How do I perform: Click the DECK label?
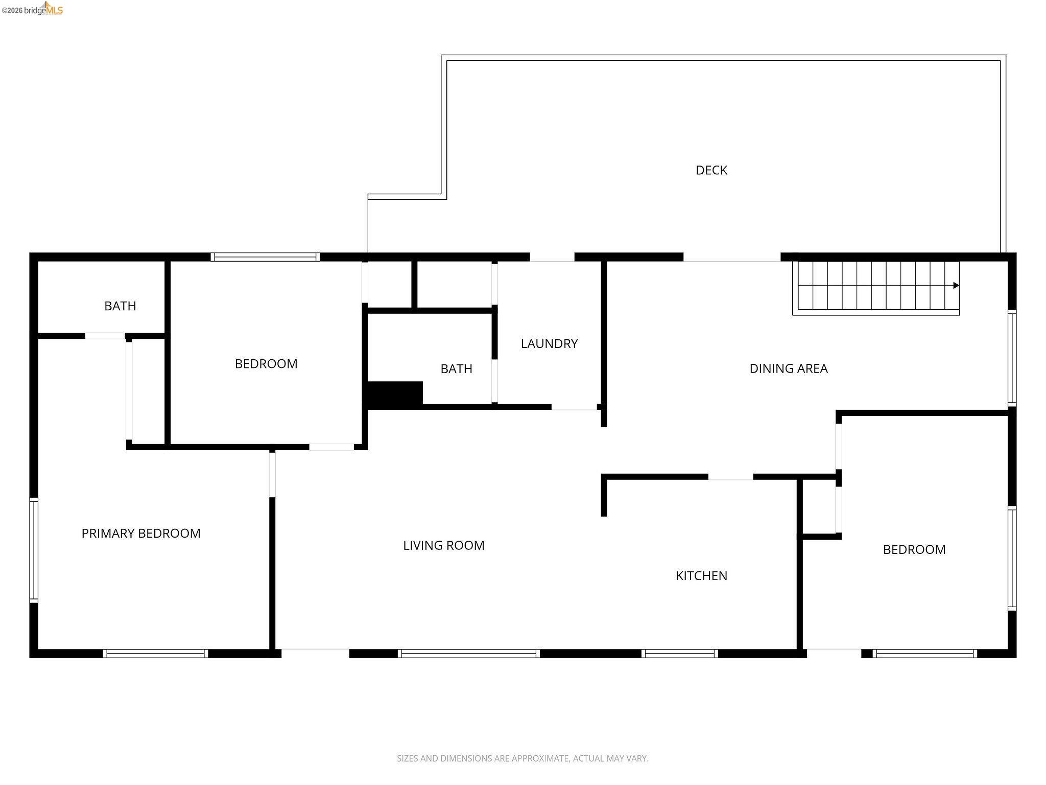pos(711,170)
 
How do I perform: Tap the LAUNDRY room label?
pos(549,343)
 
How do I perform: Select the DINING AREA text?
pos(788,368)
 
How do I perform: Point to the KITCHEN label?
pos(701,575)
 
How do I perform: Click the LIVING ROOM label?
pos(443,545)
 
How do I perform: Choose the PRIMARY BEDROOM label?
pos(141,534)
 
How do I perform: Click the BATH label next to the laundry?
pos(456,369)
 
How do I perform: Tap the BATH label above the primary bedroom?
pos(120,306)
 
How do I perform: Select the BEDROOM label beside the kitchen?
pos(914,549)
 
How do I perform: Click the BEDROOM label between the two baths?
pos(266,364)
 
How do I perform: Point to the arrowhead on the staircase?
pos(956,286)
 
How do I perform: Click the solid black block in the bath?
pos(395,395)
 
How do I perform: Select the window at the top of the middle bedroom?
pos(265,257)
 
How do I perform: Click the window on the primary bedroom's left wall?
pos(34,550)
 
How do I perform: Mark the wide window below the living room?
pos(468,653)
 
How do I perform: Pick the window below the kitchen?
pos(679,653)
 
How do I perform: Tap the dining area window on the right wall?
pos(1012,358)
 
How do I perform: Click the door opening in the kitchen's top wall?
pos(730,477)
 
